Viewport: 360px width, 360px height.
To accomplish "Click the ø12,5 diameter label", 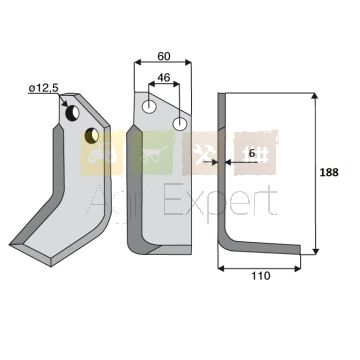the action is click(44, 88).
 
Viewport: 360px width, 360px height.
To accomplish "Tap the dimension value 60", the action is click(164, 56).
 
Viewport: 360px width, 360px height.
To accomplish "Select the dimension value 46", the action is click(164, 78).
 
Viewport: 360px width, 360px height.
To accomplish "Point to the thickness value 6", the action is click(252, 154).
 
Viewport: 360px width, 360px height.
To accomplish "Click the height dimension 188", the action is click(329, 172).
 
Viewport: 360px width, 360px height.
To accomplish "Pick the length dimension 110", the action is click(261, 276).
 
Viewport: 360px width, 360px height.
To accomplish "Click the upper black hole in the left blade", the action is click(72, 113).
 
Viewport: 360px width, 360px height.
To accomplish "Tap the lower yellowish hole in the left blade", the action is click(92, 136).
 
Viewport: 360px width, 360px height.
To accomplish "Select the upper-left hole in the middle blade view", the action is click(149, 107).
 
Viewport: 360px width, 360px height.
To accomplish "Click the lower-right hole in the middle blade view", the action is click(180, 124).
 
